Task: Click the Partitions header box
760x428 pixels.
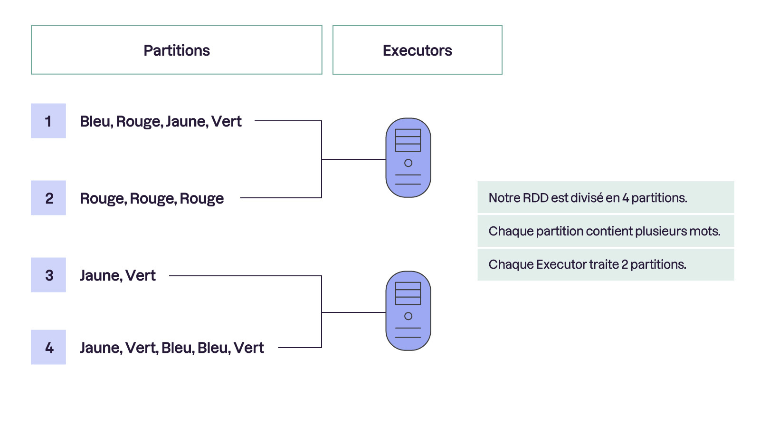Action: point(176,50)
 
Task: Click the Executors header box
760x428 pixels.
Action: point(417,50)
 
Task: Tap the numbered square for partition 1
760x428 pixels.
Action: point(48,121)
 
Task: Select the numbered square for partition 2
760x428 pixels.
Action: point(48,198)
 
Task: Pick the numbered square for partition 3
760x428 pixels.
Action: point(48,275)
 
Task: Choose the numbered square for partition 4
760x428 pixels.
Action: point(48,347)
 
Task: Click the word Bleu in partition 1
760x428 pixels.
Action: point(95,121)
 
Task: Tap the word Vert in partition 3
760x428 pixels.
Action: point(141,275)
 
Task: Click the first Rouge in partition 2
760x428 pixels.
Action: point(102,198)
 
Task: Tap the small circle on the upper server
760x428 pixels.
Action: point(408,163)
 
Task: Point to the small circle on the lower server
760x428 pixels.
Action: point(408,316)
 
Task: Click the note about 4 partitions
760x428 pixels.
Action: point(606,197)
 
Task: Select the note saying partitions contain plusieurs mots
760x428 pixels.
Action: point(606,231)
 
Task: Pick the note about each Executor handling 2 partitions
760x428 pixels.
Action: point(606,264)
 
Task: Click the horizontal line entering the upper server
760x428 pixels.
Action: point(353,159)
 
